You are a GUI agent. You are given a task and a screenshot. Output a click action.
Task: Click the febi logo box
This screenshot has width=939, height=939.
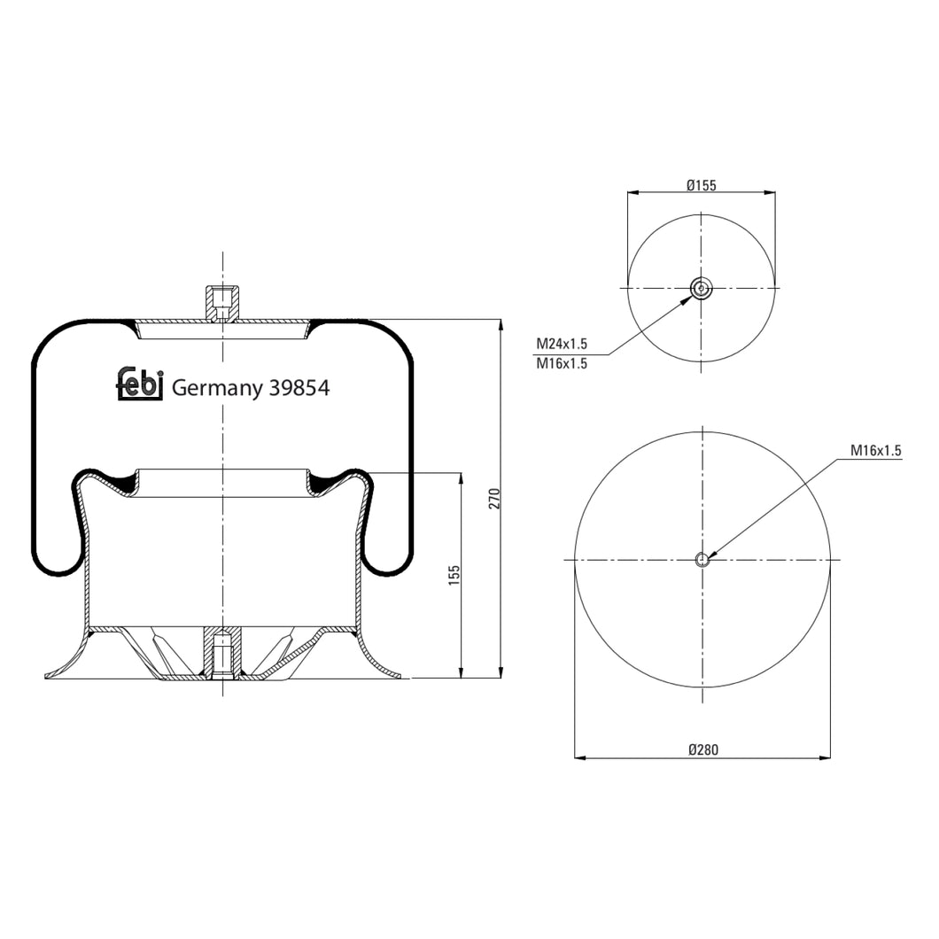140,384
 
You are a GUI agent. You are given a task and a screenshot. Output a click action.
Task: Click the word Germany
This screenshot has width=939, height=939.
216,387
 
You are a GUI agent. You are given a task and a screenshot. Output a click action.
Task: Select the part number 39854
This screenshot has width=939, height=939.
299,387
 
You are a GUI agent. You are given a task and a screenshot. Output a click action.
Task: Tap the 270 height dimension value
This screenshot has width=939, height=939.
495,498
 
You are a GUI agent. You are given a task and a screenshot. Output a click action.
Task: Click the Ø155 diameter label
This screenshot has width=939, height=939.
701,185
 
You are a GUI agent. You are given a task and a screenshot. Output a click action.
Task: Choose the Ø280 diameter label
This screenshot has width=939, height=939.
703,749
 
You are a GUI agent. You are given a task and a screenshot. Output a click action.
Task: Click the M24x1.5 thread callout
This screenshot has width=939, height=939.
562,344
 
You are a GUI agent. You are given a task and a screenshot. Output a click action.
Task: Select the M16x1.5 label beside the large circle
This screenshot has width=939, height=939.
875,450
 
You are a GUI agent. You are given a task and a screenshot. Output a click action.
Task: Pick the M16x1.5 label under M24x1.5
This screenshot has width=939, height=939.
562,362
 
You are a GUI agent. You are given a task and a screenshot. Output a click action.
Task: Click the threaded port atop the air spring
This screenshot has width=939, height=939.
222,303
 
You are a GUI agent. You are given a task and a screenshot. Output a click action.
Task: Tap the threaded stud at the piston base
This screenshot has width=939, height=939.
222,653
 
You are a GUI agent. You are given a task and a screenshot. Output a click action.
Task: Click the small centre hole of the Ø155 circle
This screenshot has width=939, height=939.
701,288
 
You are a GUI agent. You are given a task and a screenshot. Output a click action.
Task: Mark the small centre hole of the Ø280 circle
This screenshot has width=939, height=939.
702,559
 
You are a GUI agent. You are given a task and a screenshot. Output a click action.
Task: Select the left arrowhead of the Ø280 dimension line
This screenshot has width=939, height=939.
581,758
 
